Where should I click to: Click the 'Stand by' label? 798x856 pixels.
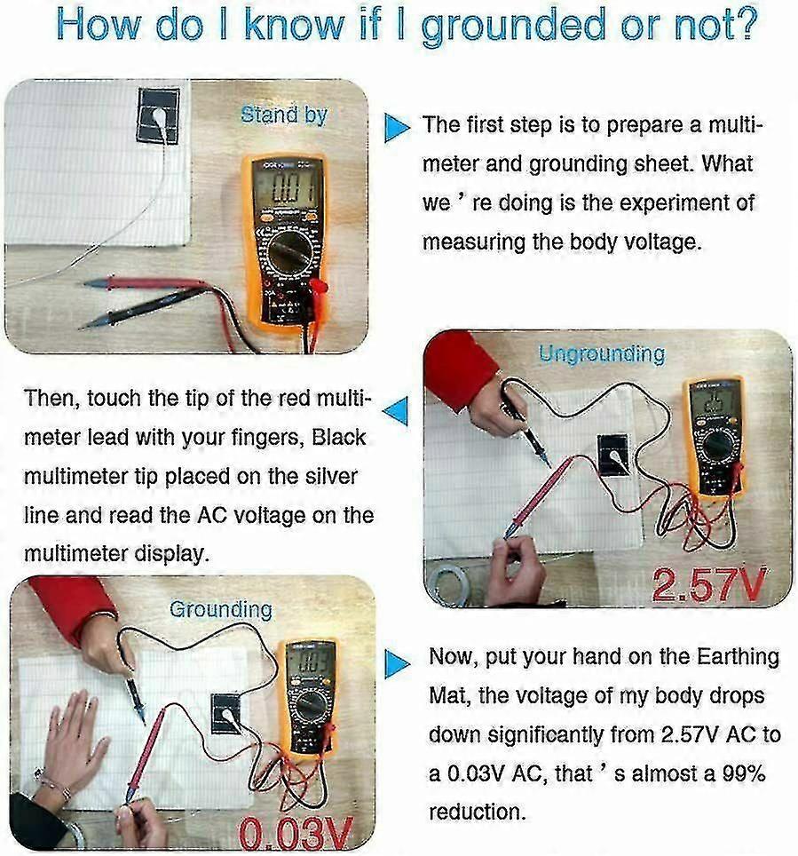point(284,115)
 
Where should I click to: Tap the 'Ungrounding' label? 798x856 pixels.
point(602,354)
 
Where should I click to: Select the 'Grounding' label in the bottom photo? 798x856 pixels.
point(220,609)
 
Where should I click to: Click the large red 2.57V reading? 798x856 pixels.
point(709,584)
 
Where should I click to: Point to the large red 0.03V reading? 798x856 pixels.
point(296,834)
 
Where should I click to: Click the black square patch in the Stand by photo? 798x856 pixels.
point(158,115)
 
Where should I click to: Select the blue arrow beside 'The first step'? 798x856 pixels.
point(397,128)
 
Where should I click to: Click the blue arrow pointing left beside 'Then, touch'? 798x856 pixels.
point(396,411)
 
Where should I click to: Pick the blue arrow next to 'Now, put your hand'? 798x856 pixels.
point(397,664)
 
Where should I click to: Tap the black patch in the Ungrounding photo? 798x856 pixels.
point(614,455)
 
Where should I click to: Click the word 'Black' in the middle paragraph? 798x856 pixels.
point(338,437)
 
